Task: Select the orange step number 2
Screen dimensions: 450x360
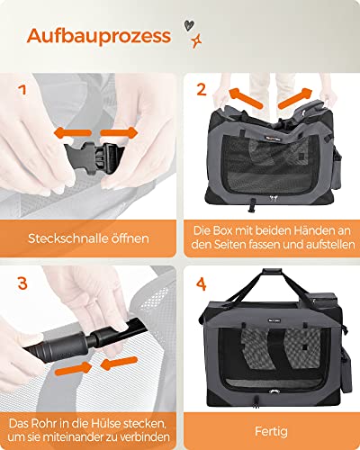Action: (202, 90)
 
